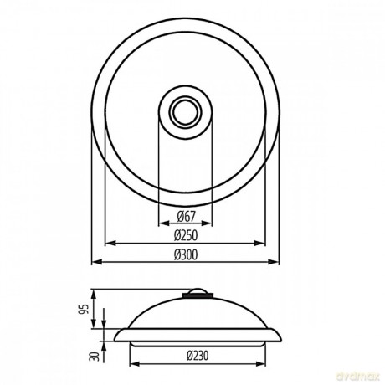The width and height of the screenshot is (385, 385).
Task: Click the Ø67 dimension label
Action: (187, 216)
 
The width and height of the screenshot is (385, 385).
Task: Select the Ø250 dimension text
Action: (186, 235)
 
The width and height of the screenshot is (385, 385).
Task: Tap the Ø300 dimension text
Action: (186, 254)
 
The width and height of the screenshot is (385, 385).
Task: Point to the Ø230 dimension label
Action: (198, 356)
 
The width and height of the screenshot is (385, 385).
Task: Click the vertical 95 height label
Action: (84, 309)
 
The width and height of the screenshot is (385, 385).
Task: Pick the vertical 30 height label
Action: (94, 357)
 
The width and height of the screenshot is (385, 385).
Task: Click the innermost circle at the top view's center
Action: (185, 112)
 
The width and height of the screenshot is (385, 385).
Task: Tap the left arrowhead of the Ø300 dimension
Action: (96, 262)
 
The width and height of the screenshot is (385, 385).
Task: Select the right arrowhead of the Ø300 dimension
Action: (274, 262)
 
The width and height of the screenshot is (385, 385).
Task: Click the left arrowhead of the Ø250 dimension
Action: (110, 243)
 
